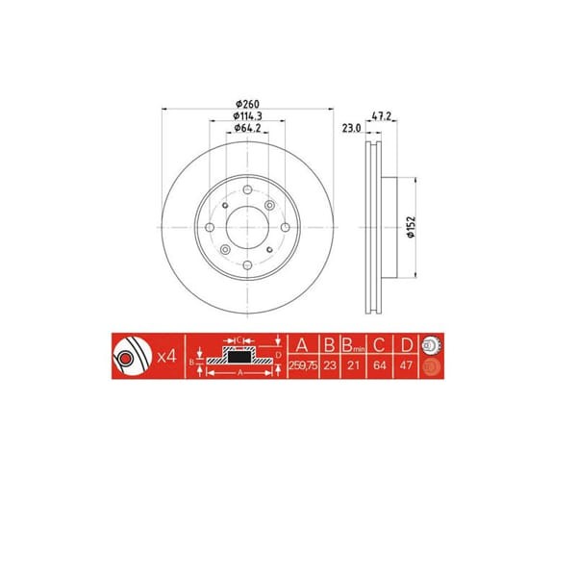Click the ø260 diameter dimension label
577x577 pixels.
pyautogui.click(x=248, y=103)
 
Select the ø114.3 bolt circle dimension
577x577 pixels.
pyautogui.click(x=248, y=117)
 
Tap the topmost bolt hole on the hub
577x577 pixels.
pyautogui.click(x=248, y=190)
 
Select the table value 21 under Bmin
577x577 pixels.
pyautogui.click(x=353, y=366)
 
